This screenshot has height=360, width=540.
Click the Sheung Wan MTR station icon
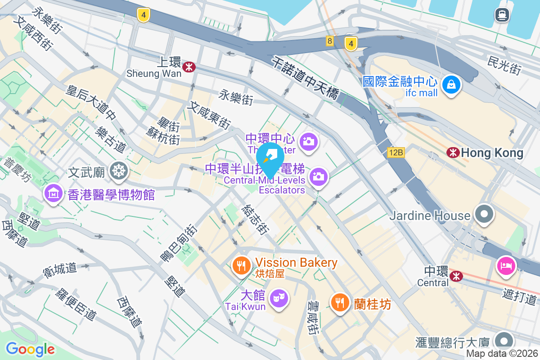(189, 67)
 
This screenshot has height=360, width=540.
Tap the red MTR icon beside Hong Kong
(453, 153)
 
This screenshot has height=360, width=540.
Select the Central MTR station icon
(456, 275)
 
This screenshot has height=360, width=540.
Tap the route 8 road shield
(330, 41)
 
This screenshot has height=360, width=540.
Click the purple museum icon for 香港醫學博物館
(54, 193)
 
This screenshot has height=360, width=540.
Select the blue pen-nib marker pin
(270, 157)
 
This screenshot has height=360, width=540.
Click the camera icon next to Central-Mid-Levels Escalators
(318, 176)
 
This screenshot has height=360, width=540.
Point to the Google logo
(30, 349)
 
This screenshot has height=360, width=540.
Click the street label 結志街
(255, 220)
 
